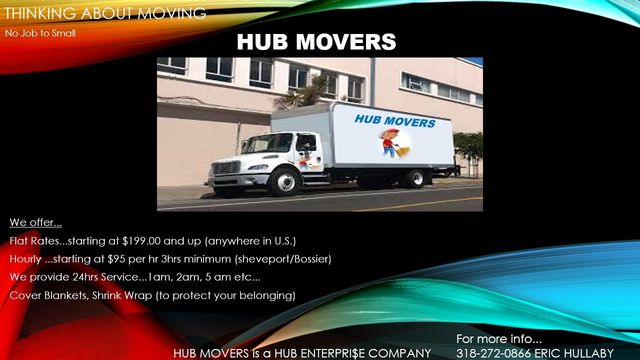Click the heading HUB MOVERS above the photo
click(316, 42)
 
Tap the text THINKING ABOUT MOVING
click(104, 13)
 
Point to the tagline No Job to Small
click(40, 33)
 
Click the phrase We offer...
click(36, 222)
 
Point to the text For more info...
click(499, 338)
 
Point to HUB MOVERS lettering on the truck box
click(395, 122)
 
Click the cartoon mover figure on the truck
click(390, 144)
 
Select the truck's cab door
click(306, 154)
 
